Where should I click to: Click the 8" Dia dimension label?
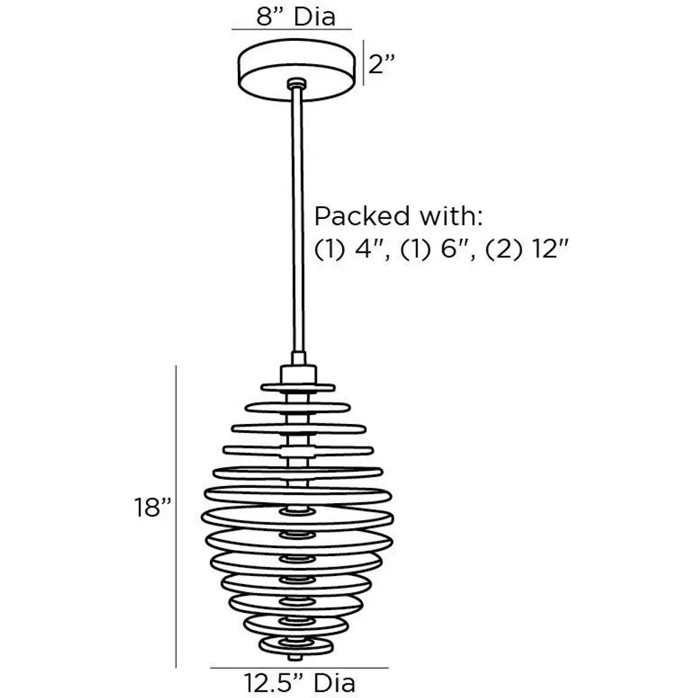pyautogui.click(x=296, y=16)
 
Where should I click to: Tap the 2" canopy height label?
pyautogui.click(x=382, y=64)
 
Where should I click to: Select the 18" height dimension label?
pyautogui.click(x=153, y=507)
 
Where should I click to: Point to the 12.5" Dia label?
pyautogui.click(x=299, y=683)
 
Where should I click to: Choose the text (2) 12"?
pyautogui.click(x=527, y=249)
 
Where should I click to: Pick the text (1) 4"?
pyautogui.click(x=352, y=249)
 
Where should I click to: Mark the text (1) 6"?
pyautogui.click(x=438, y=249)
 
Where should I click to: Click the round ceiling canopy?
pyautogui.click(x=297, y=70)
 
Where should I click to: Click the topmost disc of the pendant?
pyautogui.click(x=298, y=387)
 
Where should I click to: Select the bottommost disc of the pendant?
pyautogui.click(x=296, y=645)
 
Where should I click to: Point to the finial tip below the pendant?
pyautogui.click(x=295, y=657)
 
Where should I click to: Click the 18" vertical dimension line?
pyautogui.click(x=176, y=517)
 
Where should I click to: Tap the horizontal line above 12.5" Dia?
pyautogui.click(x=299, y=668)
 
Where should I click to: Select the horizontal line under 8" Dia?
pyautogui.click(x=292, y=30)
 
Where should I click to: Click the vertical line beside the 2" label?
pyautogui.click(x=363, y=62)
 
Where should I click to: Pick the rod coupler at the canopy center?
pyautogui.click(x=297, y=83)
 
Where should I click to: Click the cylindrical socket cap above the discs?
pyautogui.click(x=299, y=374)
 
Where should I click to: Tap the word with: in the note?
pyautogui.click(x=451, y=216)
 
